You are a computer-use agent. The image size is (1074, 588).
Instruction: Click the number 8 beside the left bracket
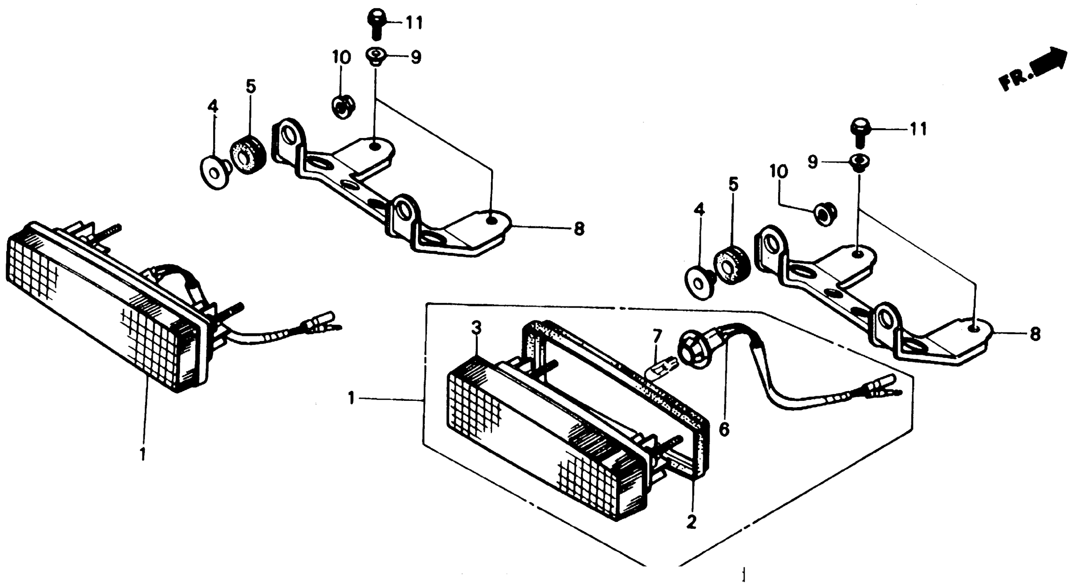point(579,229)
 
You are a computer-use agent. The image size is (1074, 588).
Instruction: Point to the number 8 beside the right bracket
point(1035,334)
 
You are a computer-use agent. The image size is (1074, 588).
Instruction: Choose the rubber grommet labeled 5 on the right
point(732,265)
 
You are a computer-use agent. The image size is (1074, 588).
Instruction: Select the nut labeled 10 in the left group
point(343,107)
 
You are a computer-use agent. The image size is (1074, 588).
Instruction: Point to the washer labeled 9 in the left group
point(375,56)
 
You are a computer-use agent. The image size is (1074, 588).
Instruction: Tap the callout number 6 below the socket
point(724,429)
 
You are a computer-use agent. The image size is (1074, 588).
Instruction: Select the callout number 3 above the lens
point(477,328)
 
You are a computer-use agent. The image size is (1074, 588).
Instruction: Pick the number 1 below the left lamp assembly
point(143,454)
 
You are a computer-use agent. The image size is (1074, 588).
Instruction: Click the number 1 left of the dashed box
point(351,398)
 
